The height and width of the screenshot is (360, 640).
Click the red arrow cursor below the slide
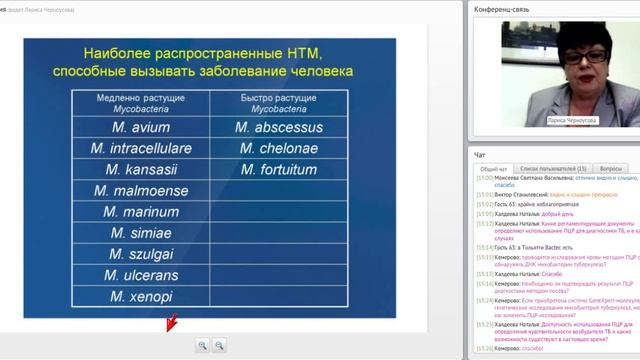[171, 322]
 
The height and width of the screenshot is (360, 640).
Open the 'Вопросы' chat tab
[610, 169]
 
